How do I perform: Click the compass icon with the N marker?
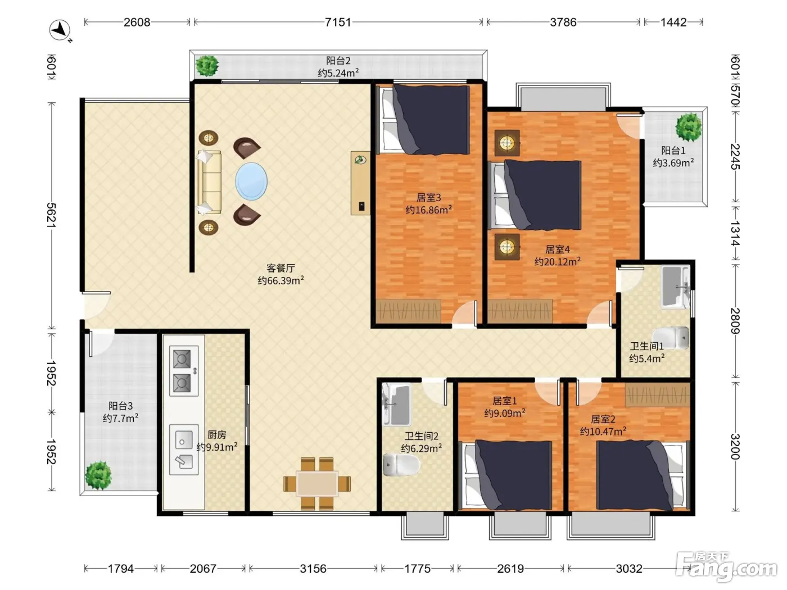(60, 30)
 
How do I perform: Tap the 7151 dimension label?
(338, 22)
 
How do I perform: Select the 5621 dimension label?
(51, 215)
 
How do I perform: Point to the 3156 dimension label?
(313, 569)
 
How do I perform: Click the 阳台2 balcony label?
(338, 61)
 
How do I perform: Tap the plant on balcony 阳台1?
(689, 127)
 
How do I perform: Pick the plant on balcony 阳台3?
(98, 475)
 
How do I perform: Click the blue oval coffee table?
(251, 181)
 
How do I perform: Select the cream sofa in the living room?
(209, 182)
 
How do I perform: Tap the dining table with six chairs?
(317, 484)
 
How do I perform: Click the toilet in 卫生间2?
(401, 465)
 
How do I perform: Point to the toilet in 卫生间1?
(671, 338)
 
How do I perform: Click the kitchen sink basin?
(184, 450)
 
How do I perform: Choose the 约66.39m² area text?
(281, 280)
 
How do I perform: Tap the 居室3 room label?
(428, 197)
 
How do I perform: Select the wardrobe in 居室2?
(658, 394)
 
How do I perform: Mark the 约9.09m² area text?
(505, 413)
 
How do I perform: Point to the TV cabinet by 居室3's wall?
(360, 183)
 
